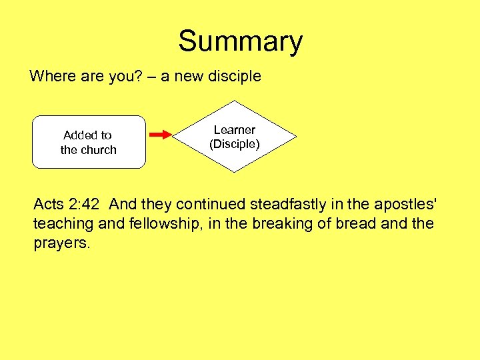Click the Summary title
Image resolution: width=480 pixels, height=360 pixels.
tap(240, 41)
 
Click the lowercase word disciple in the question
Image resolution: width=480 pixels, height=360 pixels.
tap(235, 76)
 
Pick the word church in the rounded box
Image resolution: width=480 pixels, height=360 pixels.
tap(99, 150)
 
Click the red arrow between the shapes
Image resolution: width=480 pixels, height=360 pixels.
tap(160, 135)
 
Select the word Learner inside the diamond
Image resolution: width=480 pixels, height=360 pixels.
tap(234, 130)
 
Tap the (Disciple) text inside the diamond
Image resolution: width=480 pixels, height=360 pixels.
tap(234, 144)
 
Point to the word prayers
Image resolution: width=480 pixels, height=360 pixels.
tap(61, 243)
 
